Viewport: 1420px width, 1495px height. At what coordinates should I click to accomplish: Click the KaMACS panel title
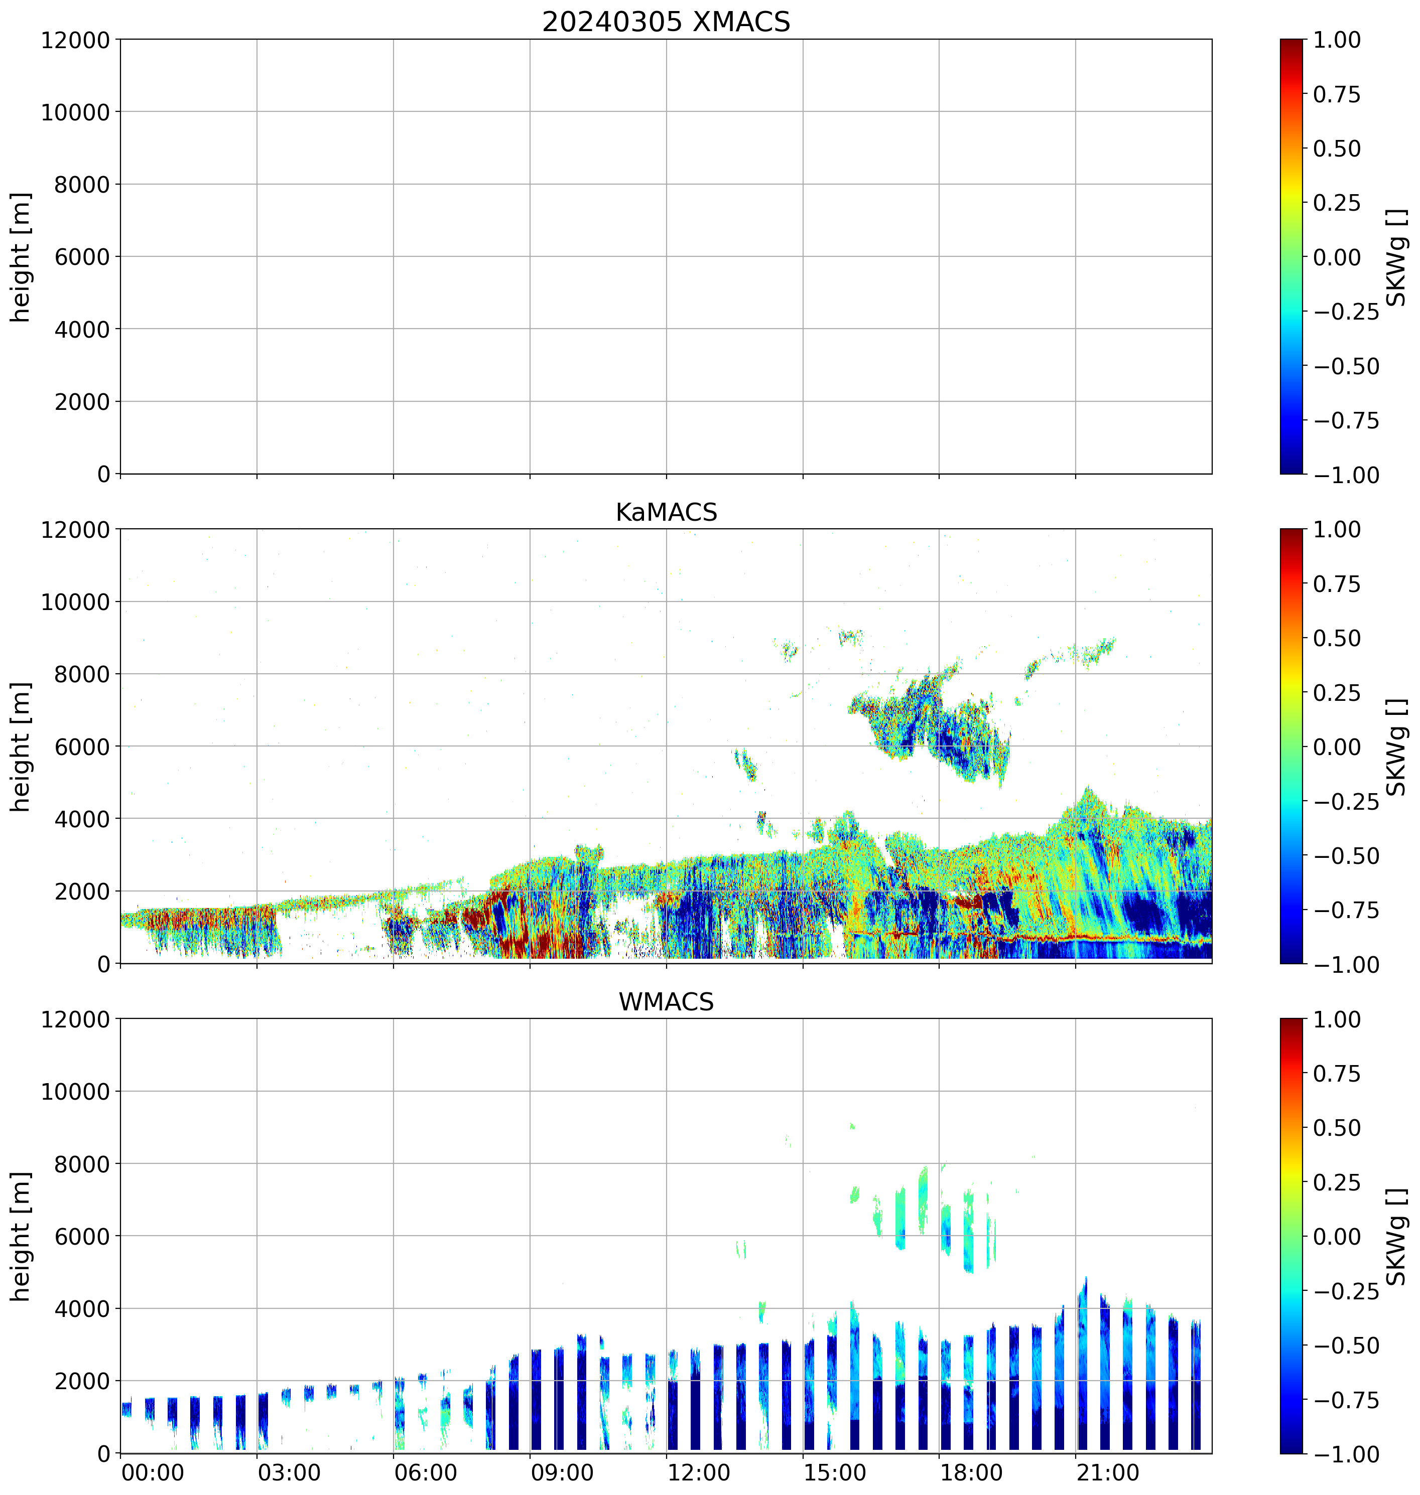pyautogui.click(x=666, y=512)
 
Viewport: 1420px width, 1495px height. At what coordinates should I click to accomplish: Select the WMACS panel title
pyautogui.click(x=666, y=1002)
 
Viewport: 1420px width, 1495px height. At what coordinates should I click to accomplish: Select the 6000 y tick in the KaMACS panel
pyautogui.click(x=82, y=746)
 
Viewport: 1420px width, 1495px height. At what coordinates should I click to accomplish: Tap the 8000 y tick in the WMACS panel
pyautogui.click(x=82, y=1163)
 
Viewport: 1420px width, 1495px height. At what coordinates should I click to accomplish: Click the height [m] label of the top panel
pyautogui.click(x=21, y=257)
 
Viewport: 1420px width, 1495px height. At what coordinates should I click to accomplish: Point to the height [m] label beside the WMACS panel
pyautogui.click(x=21, y=1236)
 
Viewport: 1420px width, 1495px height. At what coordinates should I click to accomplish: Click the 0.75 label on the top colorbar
pyautogui.click(x=1336, y=95)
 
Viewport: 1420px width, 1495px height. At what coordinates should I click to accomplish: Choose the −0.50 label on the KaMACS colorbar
pyautogui.click(x=1346, y=856)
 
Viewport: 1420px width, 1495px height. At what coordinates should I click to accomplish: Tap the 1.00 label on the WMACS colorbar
pyautogui.click(x=1336, y=1019)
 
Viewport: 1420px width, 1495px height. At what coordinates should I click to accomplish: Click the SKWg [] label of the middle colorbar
pyautogui.click(x=1395, y=746)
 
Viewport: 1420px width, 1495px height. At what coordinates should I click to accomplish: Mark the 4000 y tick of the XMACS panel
pyautogui.click(x=82, y=329)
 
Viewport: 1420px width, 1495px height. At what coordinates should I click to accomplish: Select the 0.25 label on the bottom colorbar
pyautogui.click(x=1336, y=1182)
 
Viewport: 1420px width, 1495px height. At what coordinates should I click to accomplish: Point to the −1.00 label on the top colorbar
pyautogui.click(x=1346, y=475)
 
